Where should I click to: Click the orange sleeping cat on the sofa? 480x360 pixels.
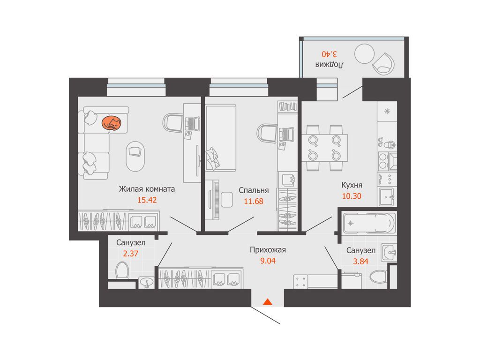(112, 123)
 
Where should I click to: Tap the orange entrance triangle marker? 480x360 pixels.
(268, 302)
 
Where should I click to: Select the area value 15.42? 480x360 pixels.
(147, 200)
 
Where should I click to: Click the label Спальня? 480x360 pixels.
(254, 190)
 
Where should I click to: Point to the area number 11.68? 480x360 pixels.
(254, 202)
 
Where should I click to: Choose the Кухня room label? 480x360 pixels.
(352, 185)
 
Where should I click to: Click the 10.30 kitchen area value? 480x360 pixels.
(352, 196)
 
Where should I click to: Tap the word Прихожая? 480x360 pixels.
(268, 250)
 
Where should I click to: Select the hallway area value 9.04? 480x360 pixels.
(268, 261)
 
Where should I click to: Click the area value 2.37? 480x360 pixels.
(131, 254)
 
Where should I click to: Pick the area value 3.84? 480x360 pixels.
(360, 262)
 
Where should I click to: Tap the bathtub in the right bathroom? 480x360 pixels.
(369, 223)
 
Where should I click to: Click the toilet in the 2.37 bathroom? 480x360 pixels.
(122, 270)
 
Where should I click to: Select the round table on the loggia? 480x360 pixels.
(364, 53)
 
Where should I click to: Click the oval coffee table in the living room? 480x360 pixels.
(135, 156)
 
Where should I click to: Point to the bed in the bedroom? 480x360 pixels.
(220, 137)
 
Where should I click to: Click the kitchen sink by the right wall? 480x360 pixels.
(387, 197)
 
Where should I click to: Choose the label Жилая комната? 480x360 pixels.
(147, 189)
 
